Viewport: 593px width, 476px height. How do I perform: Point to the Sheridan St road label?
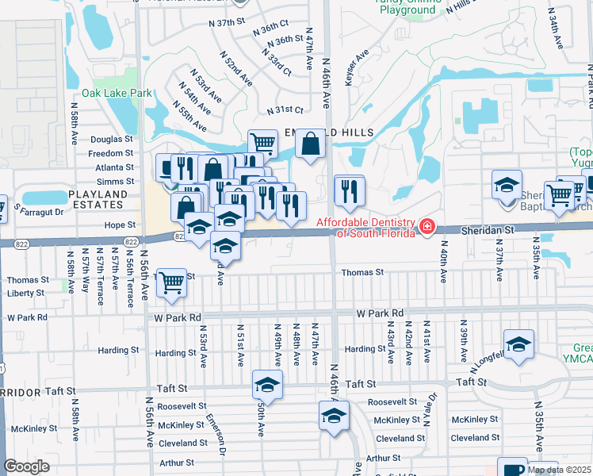click(488, 229)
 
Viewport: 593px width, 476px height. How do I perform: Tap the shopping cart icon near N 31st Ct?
click(262, 143)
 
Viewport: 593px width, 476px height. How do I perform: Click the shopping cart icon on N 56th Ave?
click(171, 282)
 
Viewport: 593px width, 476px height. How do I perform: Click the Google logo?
click(27, 466)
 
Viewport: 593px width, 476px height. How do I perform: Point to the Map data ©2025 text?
click(559, 470)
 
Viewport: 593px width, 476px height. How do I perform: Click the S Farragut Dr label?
click(40, 210)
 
